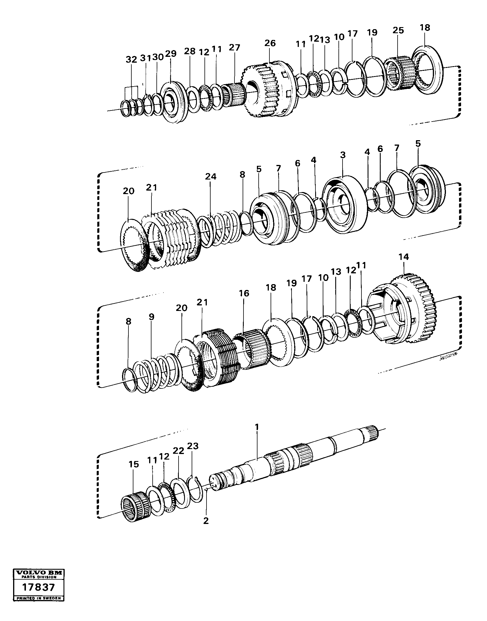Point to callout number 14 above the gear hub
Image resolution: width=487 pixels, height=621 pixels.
pos(404,257)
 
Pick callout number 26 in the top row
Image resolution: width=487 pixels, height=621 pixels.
pos(270,43)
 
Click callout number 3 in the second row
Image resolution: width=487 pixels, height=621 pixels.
pos(343,155)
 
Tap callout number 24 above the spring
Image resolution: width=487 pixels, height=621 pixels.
pos(211,177)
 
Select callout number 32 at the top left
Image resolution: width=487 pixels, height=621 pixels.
pos(131,60)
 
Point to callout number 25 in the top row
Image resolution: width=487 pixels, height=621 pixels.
pos(398,30)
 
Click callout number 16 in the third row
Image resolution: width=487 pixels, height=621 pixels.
pos(244,293)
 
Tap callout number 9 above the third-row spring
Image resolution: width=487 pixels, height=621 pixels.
pos(151,317)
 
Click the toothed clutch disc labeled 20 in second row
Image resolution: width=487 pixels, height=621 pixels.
pos(134,245)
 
